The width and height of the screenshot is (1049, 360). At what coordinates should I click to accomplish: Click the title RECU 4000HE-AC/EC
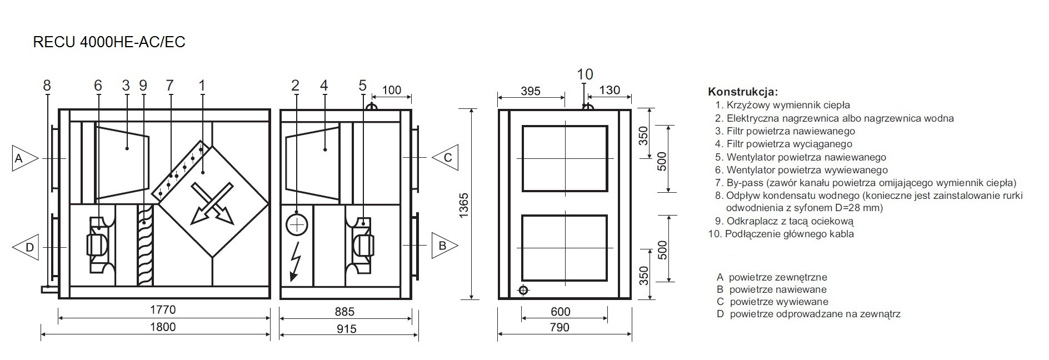tap(109, 42)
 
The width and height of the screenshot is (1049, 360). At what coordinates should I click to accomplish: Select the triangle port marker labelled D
tap(24, 247)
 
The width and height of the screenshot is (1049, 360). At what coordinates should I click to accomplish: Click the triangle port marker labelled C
tap(445, 158)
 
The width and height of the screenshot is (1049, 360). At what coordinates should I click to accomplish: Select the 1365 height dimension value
tap(463, 205)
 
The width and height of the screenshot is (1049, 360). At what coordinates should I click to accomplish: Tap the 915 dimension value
tap(346, 328)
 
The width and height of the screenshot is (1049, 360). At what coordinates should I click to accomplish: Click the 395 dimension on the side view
tap(531, 91)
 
